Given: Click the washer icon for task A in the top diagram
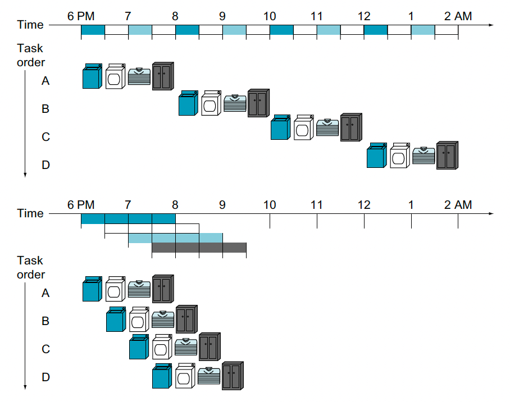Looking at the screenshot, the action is click(x=92, y=76).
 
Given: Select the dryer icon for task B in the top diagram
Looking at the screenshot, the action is click(x=211, y=103).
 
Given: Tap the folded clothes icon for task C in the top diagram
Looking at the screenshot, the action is click(x=327, y=127).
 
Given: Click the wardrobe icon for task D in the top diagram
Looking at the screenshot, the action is click(x=447, y=156).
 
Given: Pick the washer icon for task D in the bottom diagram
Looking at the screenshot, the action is click(x=162, y=376).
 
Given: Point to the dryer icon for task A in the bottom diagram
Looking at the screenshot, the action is click(x=116, y=289).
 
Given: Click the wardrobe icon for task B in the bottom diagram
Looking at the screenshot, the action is click(x=186, y=319).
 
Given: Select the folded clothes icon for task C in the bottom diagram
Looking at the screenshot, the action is click(x=186, y=347).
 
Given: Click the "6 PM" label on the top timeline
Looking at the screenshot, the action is click(x=81, y=16).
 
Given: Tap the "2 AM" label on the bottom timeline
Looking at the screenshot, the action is click(x=458, y=205).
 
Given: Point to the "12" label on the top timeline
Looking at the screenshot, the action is click(x=364, y=16).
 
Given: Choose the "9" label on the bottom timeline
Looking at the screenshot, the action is click(x=222, y=205).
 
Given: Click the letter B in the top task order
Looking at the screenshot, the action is click(x=45, y=108).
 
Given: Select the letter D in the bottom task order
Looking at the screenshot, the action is click(x=45, y=377).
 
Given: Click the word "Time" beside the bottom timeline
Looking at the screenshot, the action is click(x=30, y=213).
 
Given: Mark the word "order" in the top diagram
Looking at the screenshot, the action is click(x=31, y=62).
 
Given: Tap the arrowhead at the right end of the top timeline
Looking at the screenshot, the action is click(x=492, y=25).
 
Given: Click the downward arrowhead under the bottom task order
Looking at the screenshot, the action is click(x=25, y=387).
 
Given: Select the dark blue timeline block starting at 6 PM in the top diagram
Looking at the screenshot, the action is click(x=93, y=30).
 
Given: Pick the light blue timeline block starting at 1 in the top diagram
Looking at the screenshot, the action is click(x=423, y=30).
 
